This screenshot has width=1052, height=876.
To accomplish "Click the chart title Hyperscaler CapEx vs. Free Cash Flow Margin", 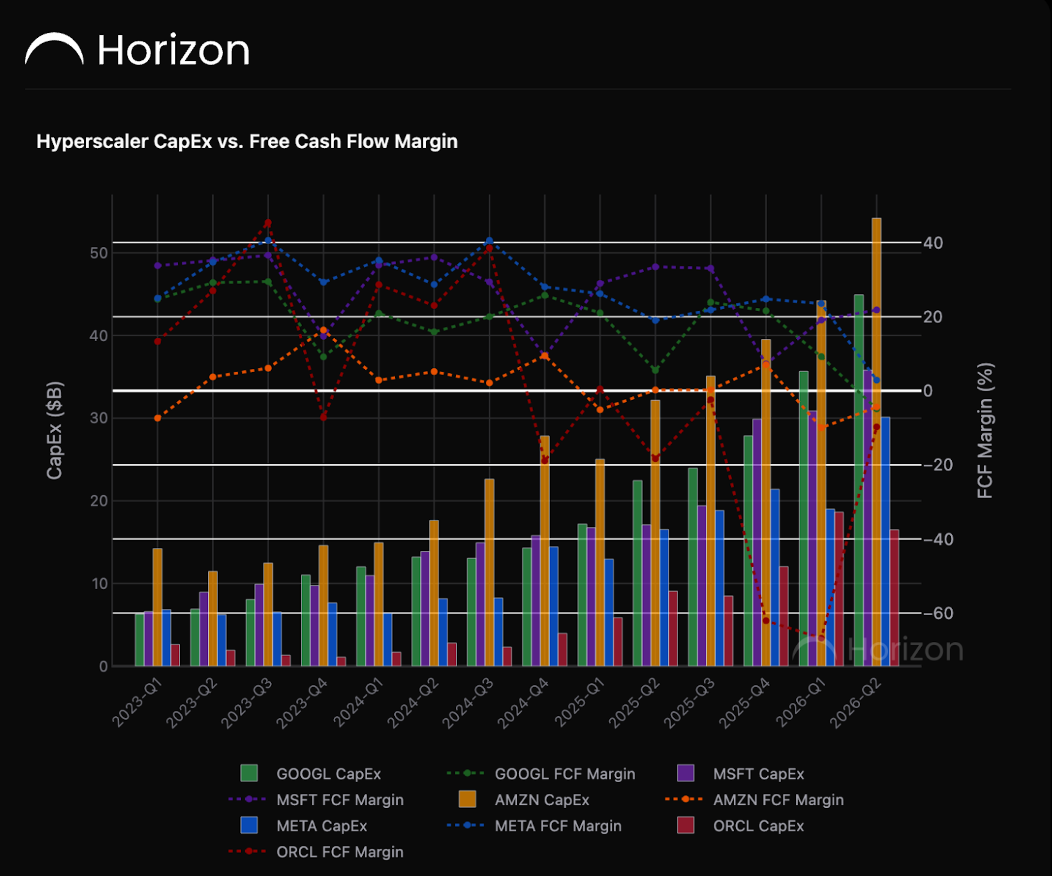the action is [247, 141].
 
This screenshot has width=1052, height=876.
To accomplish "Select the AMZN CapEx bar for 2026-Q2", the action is [877, 442].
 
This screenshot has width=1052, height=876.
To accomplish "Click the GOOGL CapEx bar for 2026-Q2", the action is [859, 480].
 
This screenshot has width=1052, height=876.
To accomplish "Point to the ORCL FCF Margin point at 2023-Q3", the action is [268, 223].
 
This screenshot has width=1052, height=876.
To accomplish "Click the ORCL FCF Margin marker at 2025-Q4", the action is [766, 621].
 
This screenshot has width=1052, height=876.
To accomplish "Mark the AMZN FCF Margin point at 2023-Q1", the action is [157, 418].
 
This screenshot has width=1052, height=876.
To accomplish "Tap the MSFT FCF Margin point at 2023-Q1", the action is [157, 265].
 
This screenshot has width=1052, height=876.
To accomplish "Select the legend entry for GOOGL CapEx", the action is [310, 774].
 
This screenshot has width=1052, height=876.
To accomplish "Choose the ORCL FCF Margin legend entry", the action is [316, 852].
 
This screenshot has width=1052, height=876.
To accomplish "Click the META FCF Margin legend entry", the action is [534, 826].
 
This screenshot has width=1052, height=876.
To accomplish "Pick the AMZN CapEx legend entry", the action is [524, 800].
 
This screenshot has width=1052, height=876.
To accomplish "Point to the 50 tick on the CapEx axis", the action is [99, 253].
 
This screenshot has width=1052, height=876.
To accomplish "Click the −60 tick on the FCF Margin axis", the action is [938, 613].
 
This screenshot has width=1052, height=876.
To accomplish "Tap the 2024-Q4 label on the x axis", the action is [523, 703].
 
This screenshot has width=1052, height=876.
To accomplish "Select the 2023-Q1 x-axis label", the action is [137, 703].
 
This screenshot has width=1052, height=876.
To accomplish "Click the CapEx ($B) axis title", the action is [55, 430].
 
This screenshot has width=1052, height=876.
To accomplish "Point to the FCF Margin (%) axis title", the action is [985, 430].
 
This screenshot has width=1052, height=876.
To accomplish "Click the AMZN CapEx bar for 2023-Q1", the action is [157, 607].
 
